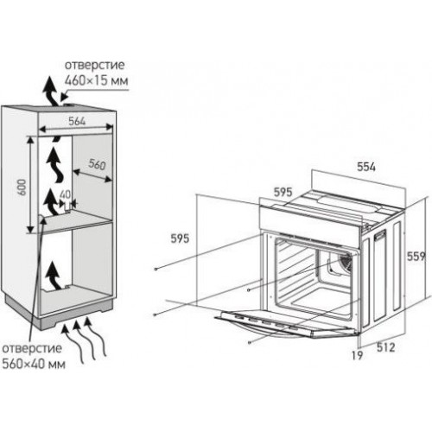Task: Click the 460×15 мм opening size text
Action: coord(96,80)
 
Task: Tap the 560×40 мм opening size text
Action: coord(34,364)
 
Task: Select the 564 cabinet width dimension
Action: coord(77,121)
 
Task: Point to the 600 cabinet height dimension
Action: coord(22,187)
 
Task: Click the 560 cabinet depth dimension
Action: coord(97,164)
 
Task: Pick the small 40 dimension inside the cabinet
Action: coord(65,194)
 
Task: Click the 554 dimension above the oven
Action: coord(366,167)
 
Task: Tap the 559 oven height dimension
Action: coord(416,257)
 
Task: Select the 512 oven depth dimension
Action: coord(385,347)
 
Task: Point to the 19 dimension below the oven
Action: coord(357,356)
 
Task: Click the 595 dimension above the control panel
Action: coord(283,192)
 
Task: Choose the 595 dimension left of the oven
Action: coord(180,238)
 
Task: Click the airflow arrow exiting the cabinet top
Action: coord(50,92)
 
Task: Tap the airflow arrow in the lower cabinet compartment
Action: coord(53,275)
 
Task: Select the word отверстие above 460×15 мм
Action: coord(94,65)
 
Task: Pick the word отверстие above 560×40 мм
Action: coord(32,348)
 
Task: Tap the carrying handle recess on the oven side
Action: coord(380,236)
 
